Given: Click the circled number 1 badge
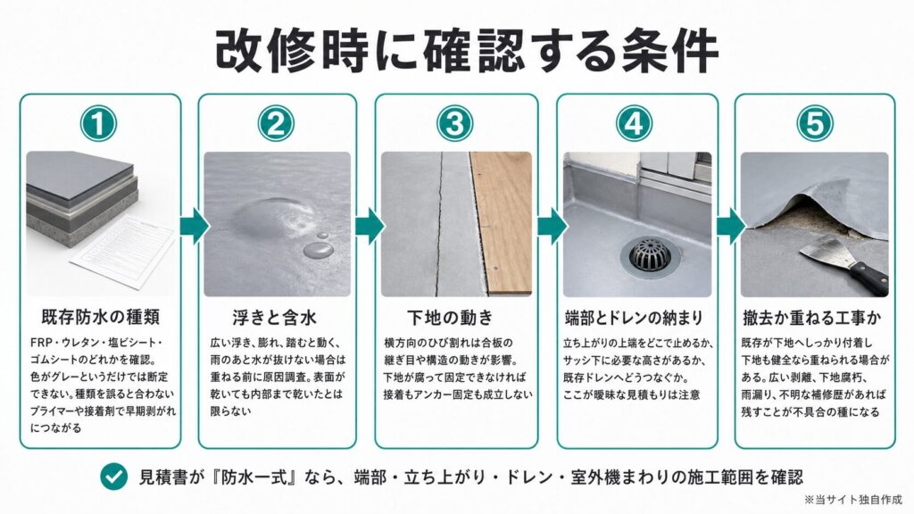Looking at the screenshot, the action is pos(98,123).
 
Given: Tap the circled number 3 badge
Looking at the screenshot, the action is pos(454,123).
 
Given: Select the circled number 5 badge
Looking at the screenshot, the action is pos(814,123).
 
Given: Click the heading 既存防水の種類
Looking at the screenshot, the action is pos(101,318).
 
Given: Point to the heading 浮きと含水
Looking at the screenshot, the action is pos(275,318).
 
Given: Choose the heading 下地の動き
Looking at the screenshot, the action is pos(450,318).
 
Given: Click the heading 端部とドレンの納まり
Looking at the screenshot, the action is pos(635,318).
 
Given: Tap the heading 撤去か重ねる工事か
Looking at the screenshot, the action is pos(812,318).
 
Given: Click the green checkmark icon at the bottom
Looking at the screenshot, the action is pos(113,477).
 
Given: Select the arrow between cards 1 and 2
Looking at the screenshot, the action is pos(194,226).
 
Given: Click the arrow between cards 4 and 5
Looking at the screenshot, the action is pos(730,226).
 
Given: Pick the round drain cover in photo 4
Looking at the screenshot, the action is pos(650,258).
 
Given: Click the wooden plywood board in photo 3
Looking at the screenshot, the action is pos(503,222).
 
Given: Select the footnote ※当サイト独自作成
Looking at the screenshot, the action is pos(852,500).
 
